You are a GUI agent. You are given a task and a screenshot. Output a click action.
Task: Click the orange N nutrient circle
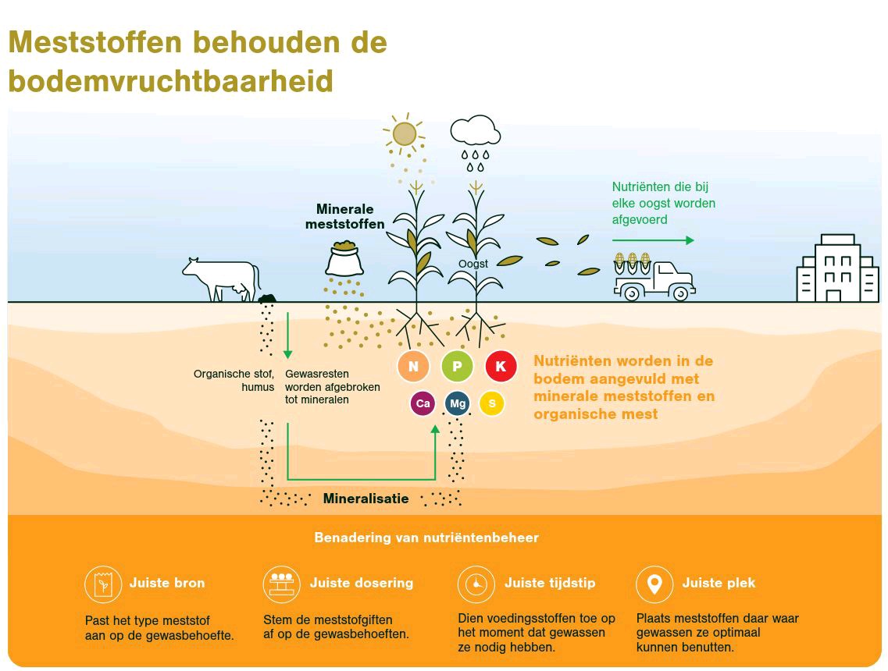413,366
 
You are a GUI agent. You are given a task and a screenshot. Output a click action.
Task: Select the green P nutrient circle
457,366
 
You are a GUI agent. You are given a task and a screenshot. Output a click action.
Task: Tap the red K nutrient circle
501,366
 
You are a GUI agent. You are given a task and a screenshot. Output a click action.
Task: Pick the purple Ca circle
423,403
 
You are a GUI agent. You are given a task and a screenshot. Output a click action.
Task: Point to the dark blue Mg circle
458,403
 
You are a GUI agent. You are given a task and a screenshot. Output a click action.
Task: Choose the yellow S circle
491,403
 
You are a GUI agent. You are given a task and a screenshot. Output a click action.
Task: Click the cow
222,279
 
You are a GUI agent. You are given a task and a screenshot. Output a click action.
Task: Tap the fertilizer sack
344,258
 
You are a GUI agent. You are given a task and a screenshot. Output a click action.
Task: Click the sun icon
404,134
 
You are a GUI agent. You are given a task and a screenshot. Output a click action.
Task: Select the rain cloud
475,131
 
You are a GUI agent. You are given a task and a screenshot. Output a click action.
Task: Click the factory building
837,268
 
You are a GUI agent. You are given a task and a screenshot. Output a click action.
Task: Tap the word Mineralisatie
366,499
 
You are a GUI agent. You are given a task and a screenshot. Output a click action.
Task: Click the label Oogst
473,264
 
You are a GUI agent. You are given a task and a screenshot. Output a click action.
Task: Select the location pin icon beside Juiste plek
654,584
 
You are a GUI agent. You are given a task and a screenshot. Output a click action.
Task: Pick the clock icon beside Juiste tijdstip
476,584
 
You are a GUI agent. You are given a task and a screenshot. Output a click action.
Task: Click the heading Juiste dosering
362,583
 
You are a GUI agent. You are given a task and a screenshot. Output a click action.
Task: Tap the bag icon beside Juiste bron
103,584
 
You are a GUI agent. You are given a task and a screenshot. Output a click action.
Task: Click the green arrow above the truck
653,240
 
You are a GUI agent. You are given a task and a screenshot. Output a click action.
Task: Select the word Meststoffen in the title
95,42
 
